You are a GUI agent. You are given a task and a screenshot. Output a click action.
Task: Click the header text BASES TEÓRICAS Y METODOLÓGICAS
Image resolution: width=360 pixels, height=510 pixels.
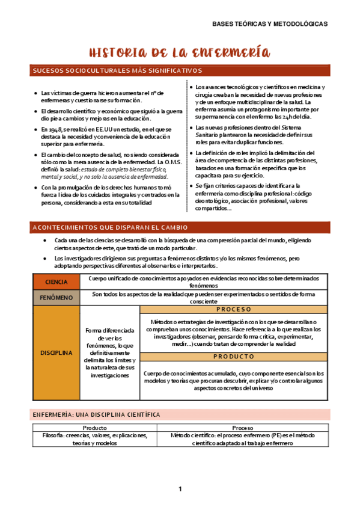pos(270,25)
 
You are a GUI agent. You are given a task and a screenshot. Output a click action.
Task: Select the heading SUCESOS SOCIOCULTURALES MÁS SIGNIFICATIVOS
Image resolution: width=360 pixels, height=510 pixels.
pos(117,72)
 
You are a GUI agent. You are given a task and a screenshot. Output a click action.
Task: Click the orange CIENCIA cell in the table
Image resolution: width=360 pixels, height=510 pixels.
pos(56,281)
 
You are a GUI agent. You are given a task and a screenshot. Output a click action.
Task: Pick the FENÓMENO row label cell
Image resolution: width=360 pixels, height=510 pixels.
pos(56,297)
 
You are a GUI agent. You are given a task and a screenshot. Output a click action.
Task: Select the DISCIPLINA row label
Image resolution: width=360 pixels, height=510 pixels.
pos(56,353)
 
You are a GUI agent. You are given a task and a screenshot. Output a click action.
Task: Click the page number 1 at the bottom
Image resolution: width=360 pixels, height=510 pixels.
pos(180,489)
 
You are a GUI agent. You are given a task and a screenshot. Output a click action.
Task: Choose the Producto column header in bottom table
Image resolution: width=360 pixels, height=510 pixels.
pos(94,427)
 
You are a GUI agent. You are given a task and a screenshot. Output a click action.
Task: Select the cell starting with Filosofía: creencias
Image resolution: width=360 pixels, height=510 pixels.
pos(94,438)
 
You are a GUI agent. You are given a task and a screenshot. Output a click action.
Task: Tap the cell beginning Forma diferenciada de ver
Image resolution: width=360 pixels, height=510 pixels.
pos(109,353)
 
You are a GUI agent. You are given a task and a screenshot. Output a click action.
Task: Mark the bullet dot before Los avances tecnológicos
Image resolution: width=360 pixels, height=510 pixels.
pos(191,87)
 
